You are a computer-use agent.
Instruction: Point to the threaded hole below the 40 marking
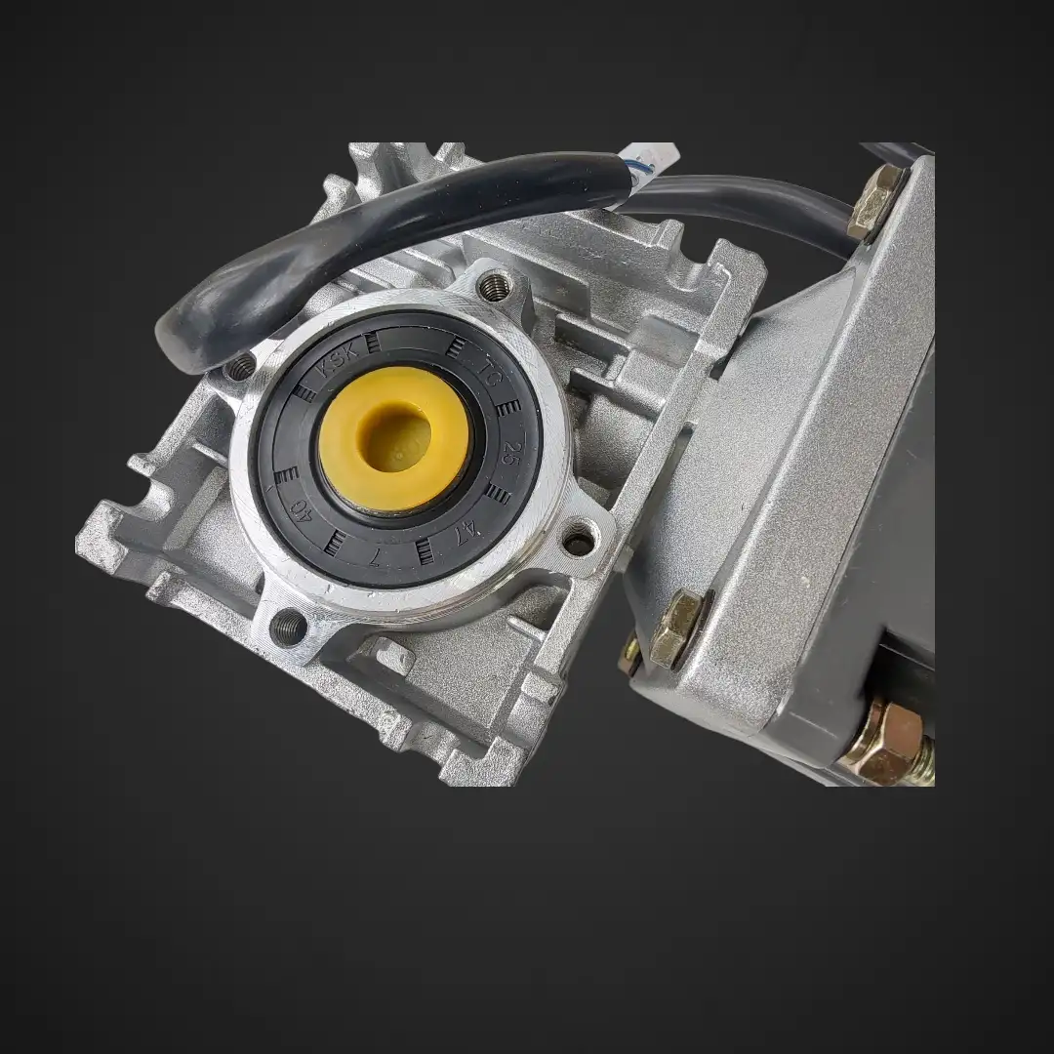pos(287,623)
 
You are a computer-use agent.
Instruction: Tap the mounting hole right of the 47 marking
pos(579,539)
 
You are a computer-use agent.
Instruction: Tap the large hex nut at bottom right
pos(883,741)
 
